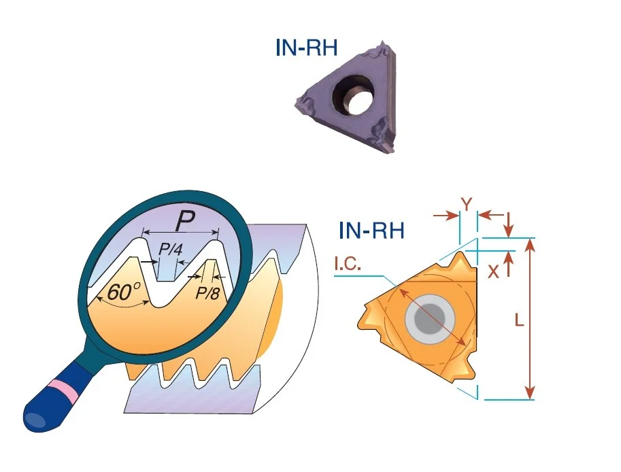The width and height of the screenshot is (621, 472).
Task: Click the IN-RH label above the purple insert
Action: coord(306,48)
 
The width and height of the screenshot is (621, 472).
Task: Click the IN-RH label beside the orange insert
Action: coord(371,231)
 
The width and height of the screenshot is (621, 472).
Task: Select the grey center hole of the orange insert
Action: coord(430,319)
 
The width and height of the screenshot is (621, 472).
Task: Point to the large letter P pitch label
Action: coord(185,220)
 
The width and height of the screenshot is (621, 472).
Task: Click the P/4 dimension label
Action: coord(170,250)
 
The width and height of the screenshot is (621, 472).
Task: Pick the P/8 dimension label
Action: coord(208,293)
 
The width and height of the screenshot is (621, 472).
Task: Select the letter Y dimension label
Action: coord(467,204)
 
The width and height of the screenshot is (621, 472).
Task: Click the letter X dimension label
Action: coord(494,271)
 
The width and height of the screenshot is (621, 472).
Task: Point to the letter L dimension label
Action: coord(519,320)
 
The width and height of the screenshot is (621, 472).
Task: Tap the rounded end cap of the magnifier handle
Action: coord(35,420)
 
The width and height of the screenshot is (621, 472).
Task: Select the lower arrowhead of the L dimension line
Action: coord(530,393)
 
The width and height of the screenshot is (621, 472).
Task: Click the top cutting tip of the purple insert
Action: coord(382,43)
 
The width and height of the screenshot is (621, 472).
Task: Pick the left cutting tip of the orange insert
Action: coord(360,322)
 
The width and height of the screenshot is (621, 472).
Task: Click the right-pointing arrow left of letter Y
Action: coord(446,216)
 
